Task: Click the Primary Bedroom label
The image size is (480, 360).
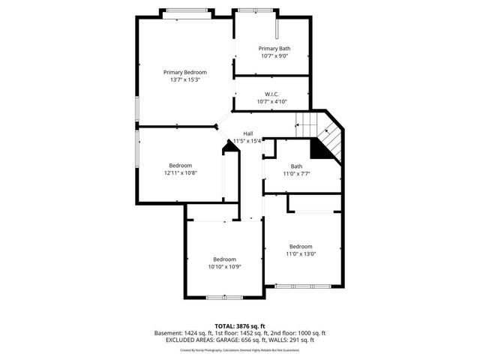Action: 185,72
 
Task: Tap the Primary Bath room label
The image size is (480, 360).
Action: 274,49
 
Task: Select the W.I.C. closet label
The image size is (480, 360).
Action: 272,94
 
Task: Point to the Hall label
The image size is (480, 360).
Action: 247,133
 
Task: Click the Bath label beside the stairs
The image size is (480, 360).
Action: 296,166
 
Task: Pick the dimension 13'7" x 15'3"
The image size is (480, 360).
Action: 185,79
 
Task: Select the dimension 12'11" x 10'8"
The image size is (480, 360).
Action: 180,173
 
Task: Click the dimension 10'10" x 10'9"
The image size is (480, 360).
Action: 224,266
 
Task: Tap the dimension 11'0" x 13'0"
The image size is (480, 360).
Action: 301,253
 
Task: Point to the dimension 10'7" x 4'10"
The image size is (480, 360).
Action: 272,102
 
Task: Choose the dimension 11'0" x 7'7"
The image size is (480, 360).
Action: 296,174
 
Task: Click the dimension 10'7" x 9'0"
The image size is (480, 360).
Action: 274,56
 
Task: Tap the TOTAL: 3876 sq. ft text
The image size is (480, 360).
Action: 239,326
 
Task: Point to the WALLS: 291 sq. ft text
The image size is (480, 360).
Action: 295,340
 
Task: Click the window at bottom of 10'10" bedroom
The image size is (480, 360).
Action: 224,298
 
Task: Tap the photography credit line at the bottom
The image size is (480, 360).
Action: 239,349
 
